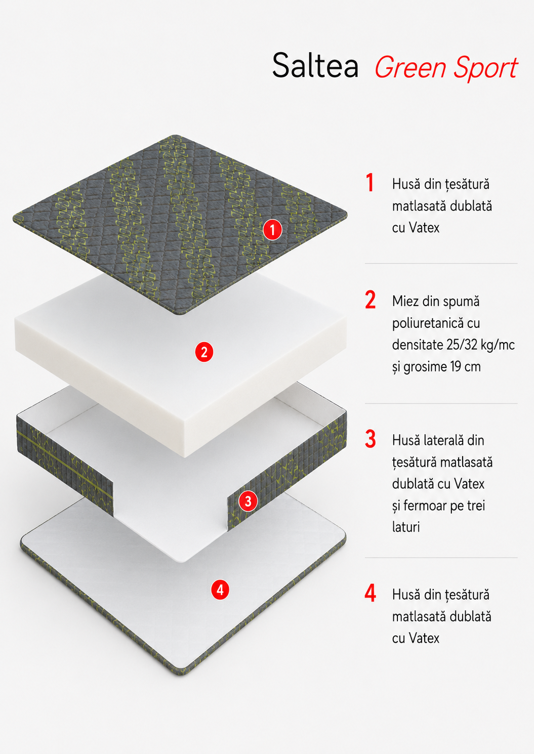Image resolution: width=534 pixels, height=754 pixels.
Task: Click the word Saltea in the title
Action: coord(315,65)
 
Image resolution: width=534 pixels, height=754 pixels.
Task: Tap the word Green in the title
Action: coord(411,68)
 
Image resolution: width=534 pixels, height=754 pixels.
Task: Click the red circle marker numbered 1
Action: coord(272,230)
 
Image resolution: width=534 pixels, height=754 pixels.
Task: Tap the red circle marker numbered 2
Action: coord(204,352)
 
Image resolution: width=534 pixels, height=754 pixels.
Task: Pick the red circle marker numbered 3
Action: coord(248,501)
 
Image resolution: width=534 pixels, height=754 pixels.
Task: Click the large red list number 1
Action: coord(370,183)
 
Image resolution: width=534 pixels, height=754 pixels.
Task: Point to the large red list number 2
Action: coord(371,300)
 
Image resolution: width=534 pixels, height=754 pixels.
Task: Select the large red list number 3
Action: coord(371,439)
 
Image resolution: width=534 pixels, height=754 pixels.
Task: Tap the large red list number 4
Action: coord(371,593)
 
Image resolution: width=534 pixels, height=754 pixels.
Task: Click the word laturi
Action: coord(406,527)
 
